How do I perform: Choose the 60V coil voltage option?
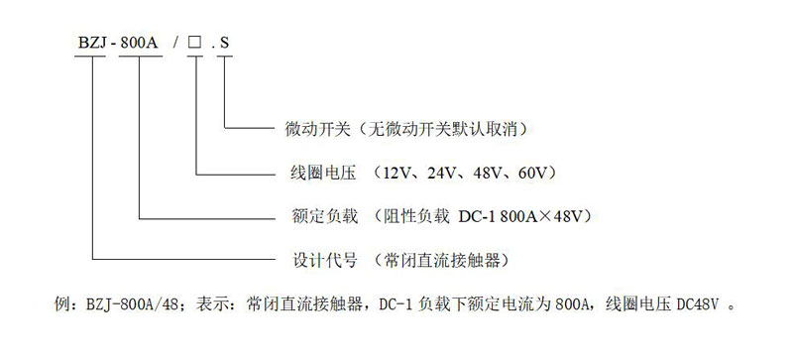point(536,172)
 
